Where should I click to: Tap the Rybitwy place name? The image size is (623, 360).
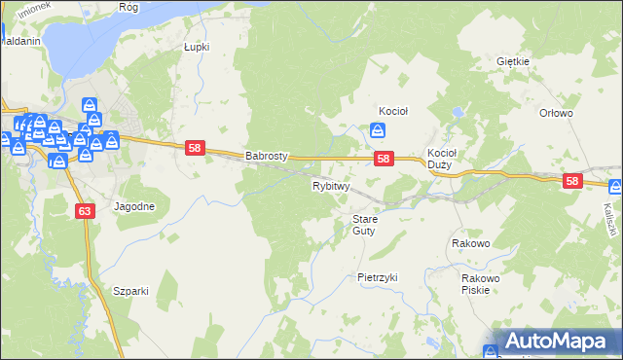(331, 185)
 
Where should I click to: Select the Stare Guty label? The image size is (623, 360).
(364, 225)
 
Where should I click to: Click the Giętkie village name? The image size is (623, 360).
(512, 61)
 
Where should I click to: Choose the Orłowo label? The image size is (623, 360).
(556, 113)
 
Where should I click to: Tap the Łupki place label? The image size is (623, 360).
(197, 46)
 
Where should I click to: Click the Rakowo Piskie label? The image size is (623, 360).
(481, 283)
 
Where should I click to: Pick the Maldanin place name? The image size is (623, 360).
(19, 43)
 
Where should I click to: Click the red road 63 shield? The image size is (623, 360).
(84, 209)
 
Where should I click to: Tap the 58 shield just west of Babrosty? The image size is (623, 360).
(196, 148)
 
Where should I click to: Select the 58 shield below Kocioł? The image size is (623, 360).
(384, 159)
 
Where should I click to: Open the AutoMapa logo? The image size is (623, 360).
(551, 342)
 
